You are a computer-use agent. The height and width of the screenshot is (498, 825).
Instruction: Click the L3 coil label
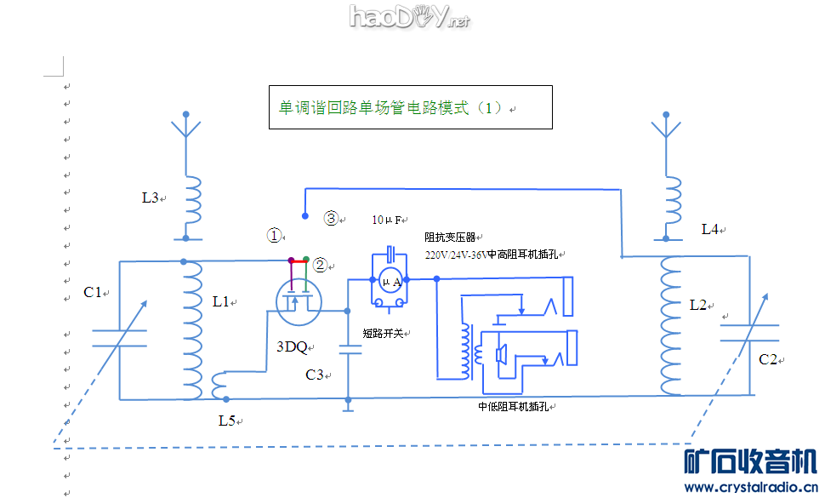tap(151, 197)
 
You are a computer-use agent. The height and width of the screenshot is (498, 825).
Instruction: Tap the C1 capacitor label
tap(93, 292)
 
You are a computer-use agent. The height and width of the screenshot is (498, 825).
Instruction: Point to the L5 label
tap(226, 421)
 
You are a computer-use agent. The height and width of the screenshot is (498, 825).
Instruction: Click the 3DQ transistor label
tap(292, 346)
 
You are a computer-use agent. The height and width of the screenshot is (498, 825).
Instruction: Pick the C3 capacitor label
tap(315, 374)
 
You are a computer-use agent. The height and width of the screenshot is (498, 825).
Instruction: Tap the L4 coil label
tap(710, 229)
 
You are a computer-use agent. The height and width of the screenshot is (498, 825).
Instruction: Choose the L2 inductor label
tap(699, 304)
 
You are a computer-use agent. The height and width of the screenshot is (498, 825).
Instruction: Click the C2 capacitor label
tap(768, 359)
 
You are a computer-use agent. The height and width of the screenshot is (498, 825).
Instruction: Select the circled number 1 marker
tap(273, 235)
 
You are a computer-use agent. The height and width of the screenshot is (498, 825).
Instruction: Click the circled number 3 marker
tap(332, 218)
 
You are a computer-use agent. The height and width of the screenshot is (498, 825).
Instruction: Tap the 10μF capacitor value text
tap(387, 220)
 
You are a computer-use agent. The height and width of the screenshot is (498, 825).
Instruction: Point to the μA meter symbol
tap(391, 282)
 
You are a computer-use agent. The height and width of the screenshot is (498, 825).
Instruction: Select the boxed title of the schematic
tap(411, 108)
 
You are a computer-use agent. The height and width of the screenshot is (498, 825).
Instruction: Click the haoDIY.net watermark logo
tap(409, 16)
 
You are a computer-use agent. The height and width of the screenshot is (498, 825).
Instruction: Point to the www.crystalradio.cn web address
tap(751, 486)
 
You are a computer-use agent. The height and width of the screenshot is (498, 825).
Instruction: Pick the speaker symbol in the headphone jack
tap(502, 354)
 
